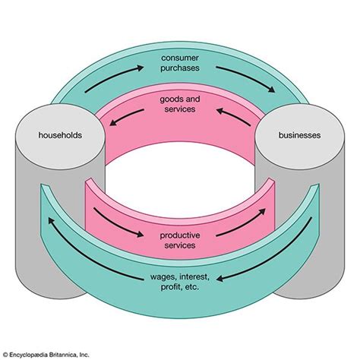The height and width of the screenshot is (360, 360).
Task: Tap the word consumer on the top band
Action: [x=180, y=58]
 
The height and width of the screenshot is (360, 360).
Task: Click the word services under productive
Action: [x=180, y=246]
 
